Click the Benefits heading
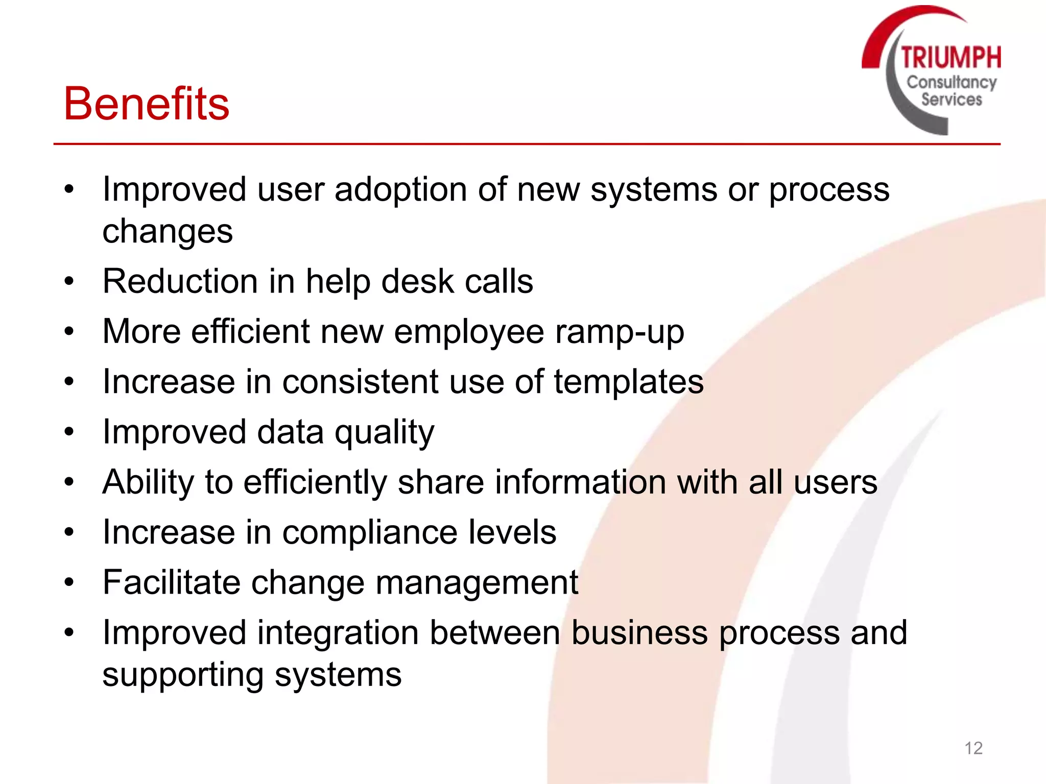click(x=146, y=104)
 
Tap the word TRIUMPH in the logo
click(x=950, y=57)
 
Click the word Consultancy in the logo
click(x=951, y=82)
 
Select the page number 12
click(x=973, y=748)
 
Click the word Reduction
click(x=180, y=281)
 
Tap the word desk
click(x=417, y=281)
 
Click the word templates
click(x=628, y=382)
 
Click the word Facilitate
click(x=171, y=582)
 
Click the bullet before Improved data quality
click(x=69, y=432)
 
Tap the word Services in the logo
click(x=951, y=99)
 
